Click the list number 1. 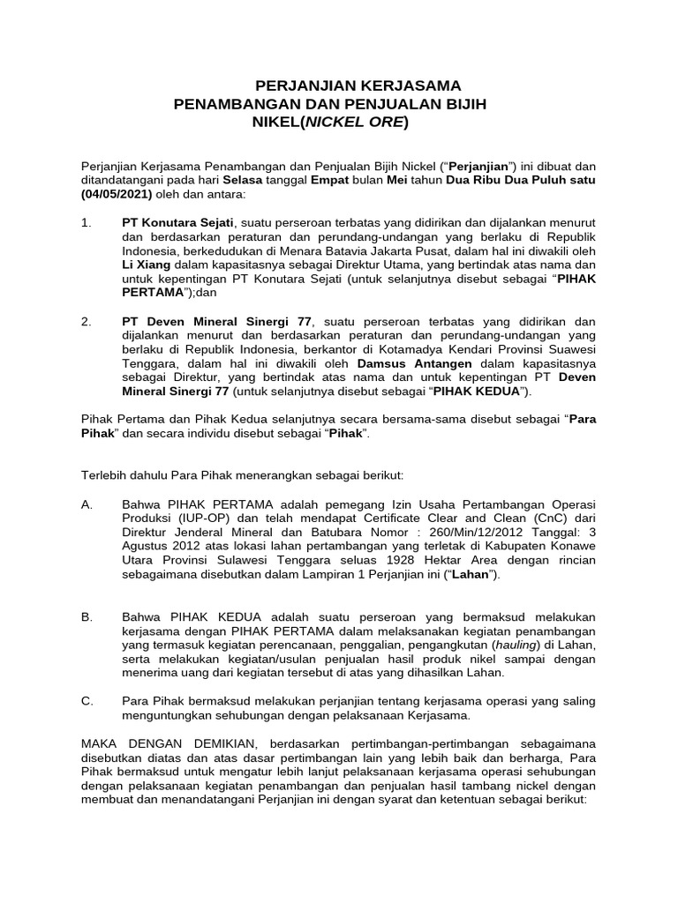click(86, 223)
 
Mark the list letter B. click(86, 617)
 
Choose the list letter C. click(86, 700)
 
